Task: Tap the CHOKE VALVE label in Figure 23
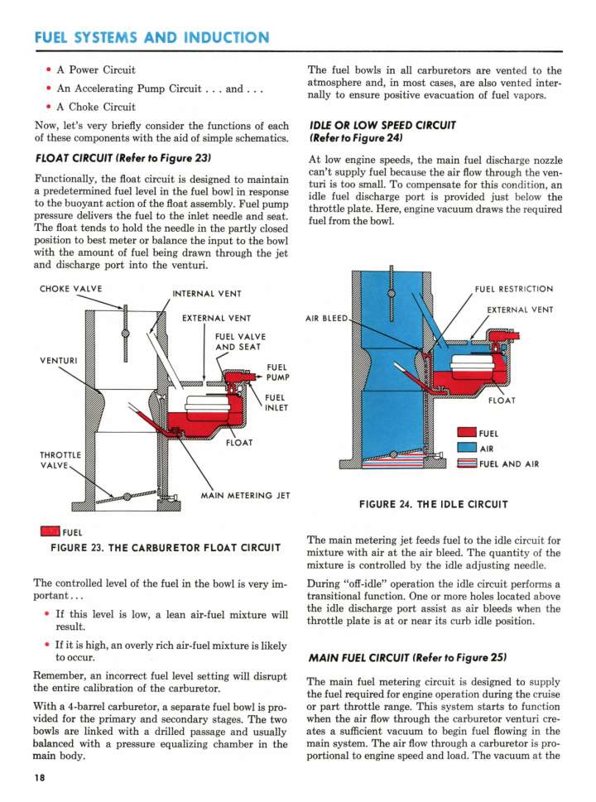point(70,289)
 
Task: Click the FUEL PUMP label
point(277,372)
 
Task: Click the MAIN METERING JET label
point(245,496)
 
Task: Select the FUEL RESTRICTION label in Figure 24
point(514,289)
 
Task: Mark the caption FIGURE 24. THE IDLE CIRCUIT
point(434,503)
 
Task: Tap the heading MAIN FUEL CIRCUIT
point(406,658)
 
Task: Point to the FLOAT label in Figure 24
point(502,401)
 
